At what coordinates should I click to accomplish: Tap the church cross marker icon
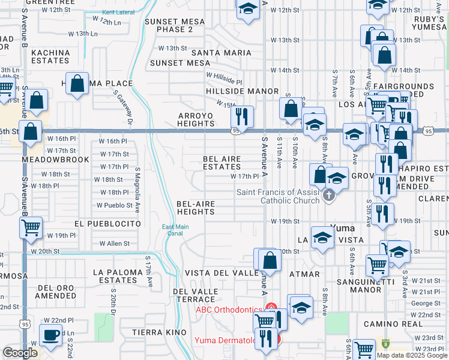pos(328,196)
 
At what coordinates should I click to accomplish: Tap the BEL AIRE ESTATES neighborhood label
pos(221,163)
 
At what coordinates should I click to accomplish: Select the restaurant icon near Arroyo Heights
pos(243,115)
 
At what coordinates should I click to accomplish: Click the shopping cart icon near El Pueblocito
pos(30,227)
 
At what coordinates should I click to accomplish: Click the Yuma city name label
pos(342,229)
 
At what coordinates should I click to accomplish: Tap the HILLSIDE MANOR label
pos(242,91)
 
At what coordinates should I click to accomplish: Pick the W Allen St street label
pos(115,244)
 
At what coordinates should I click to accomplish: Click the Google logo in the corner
pos(20,353)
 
